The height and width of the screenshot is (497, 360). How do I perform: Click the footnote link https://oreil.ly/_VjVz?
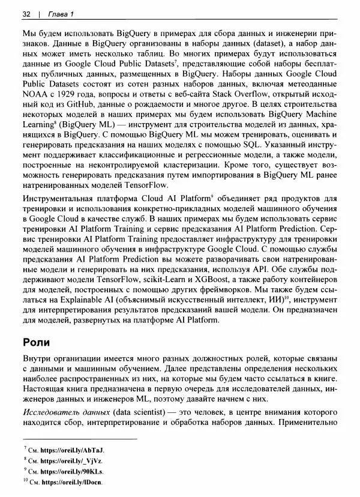72,460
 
